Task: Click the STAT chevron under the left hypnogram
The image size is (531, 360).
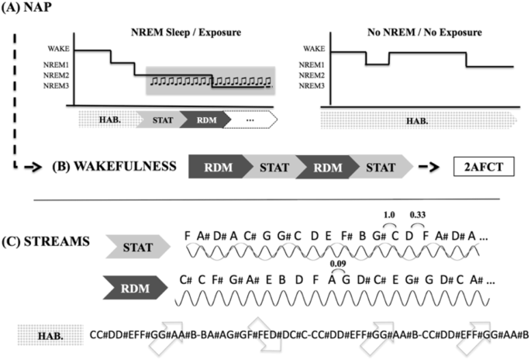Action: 160,120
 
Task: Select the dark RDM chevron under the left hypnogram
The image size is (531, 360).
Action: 205,120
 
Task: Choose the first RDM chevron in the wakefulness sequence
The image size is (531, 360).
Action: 216,167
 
